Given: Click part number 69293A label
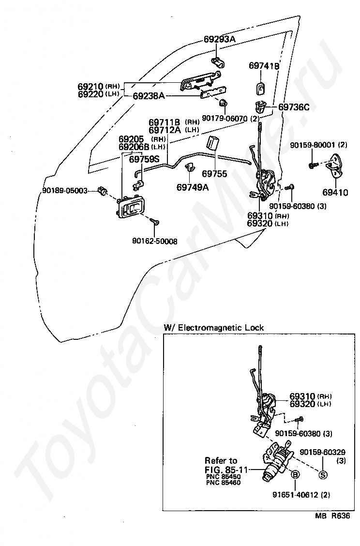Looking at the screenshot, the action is [219, 39].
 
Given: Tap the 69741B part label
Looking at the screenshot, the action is [264, 66].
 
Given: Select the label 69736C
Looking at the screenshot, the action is [294, 107].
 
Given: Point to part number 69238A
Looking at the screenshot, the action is [149, 96].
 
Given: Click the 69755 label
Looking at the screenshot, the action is [214, 173].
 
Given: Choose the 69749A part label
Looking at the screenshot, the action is [193, 187].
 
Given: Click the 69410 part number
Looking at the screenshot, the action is [335, 192].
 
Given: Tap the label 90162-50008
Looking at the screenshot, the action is [154, 241].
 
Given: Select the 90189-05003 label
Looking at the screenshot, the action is [65, 191].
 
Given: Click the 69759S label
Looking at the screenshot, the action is [144, 159].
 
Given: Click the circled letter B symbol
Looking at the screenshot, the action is [295, 474].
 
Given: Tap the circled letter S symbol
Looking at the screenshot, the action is [323, 474].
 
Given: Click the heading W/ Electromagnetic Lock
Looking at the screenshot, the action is [214, 328].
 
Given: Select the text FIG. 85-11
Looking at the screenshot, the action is [226, 470].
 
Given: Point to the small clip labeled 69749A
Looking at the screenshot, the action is [189, 167].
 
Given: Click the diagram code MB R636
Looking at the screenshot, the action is [332, 516].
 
